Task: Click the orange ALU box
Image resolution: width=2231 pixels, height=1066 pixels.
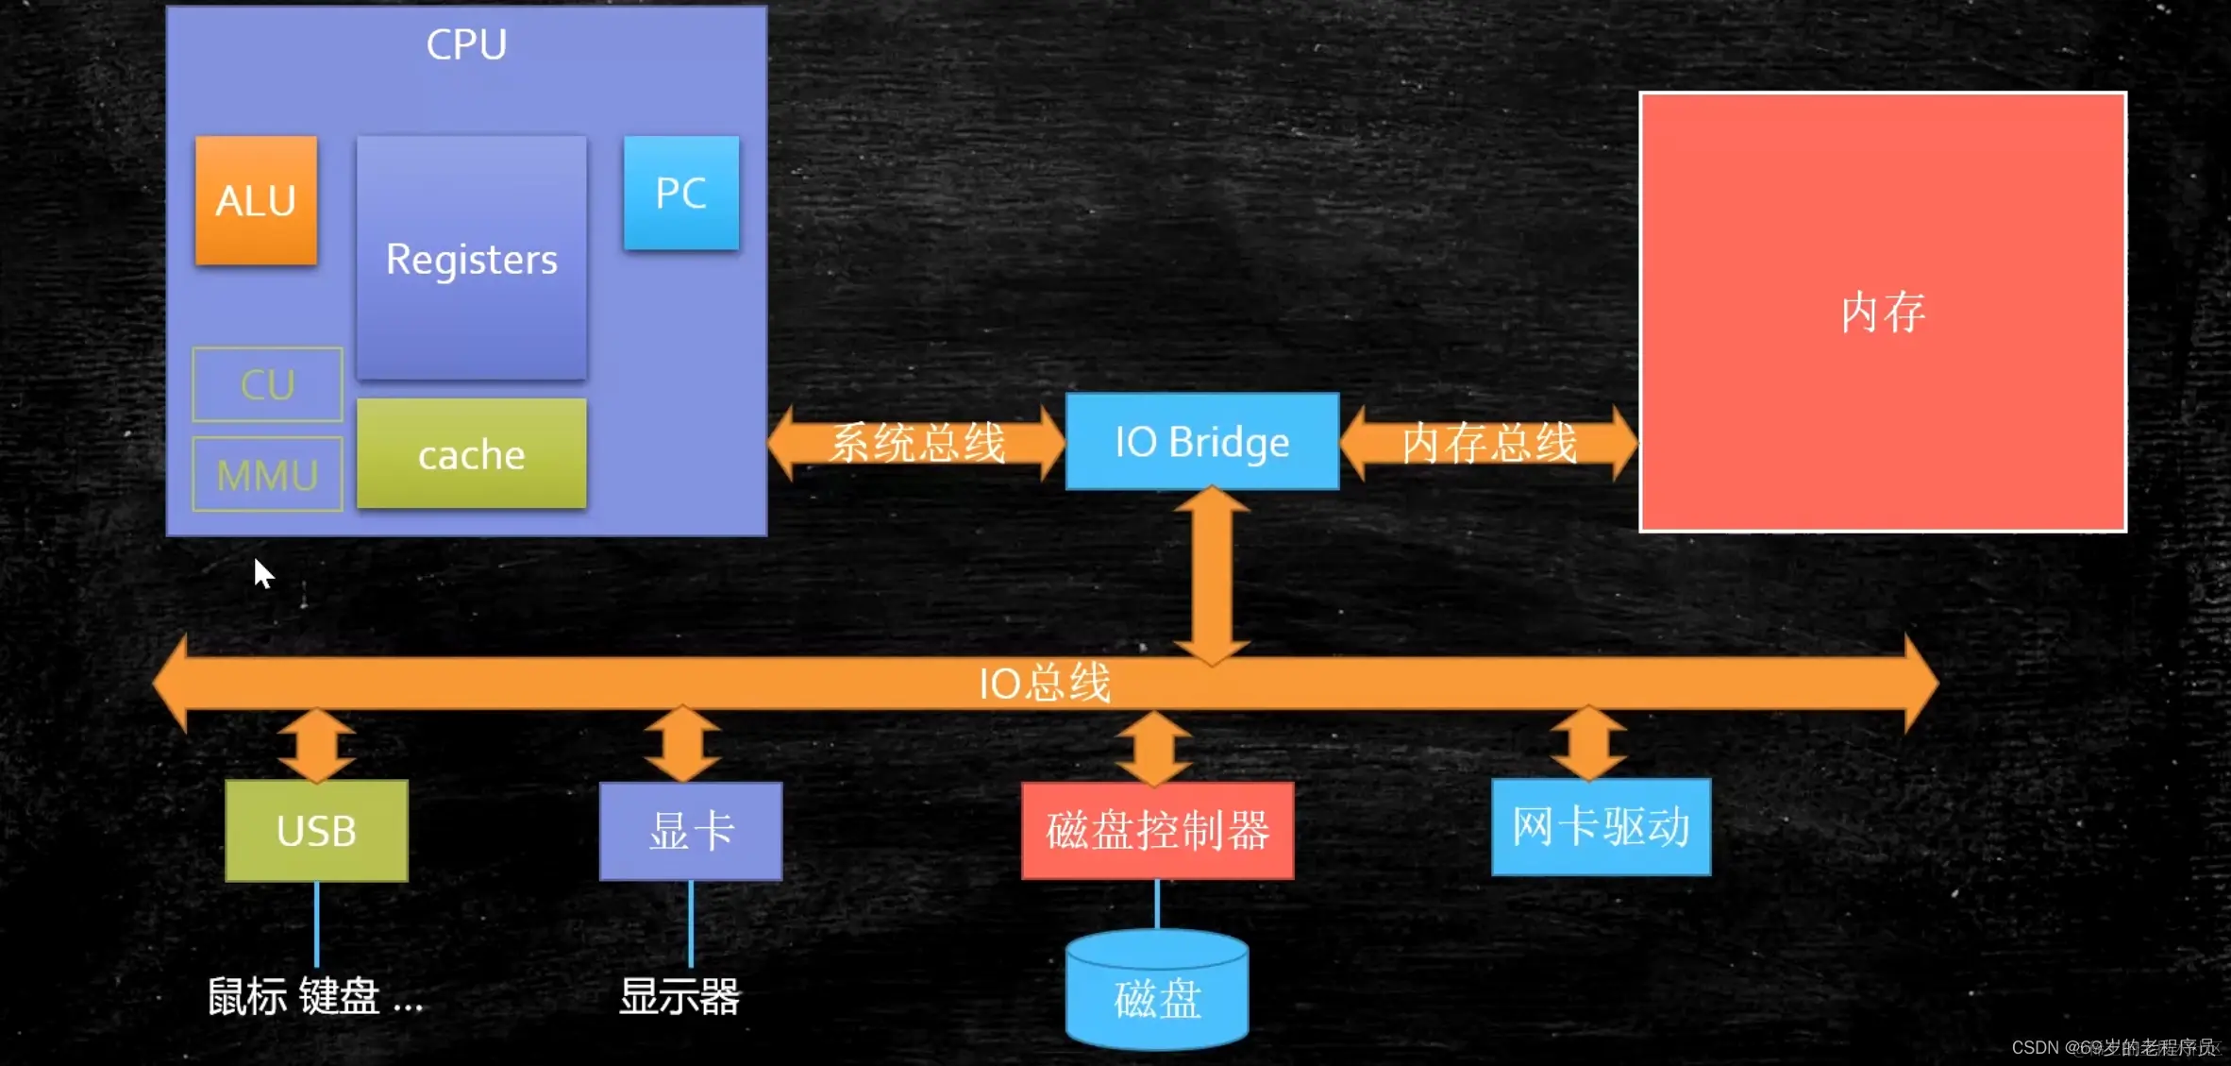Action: point(256,200)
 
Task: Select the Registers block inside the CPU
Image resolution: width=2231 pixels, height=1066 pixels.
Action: point(471,258)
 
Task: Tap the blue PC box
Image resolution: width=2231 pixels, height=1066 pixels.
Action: point(680,193)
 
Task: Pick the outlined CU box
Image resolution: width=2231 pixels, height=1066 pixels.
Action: point(267,384)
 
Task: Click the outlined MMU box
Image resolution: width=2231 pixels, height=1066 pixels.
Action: point(267,474)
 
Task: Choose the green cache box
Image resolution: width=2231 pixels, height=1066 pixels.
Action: point(471,454)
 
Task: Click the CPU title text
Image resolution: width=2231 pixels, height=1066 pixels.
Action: point(466,44)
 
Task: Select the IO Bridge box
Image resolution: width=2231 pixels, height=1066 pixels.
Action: point(1201,441)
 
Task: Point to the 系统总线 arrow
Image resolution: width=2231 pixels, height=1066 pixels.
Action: point(916,443)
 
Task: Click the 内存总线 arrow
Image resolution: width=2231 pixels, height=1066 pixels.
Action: point(1488,443)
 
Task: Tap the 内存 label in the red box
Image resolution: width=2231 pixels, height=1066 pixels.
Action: point(1882,313)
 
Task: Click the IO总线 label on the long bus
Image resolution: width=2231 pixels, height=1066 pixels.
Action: point(1044,683)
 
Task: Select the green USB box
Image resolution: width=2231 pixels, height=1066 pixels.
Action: point(316,831)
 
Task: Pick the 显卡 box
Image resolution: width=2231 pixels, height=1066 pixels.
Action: point(691,831)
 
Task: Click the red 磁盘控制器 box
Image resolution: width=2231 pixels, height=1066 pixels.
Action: point(1157,831)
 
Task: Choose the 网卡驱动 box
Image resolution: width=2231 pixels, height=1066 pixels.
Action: point(1601,827)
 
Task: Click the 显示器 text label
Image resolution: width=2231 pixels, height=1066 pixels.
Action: point(679,997)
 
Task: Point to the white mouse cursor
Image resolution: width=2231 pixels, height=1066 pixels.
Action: point(262,572)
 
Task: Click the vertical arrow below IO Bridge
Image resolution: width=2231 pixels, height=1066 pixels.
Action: point(1212,576)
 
